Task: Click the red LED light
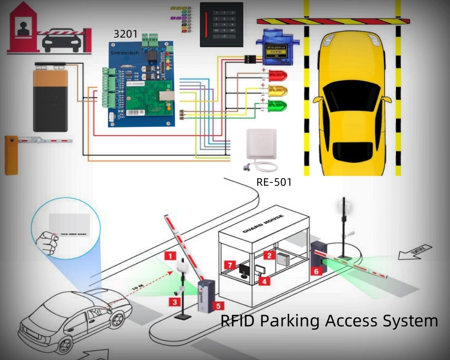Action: point(277,75)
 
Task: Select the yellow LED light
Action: point(277,91)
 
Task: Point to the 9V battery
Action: point(50,97)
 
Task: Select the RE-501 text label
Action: point(274,182)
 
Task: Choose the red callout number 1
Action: point(170,256)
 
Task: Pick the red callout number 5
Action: point(219,306)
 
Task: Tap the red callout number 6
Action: point(316,271)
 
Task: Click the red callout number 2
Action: point(269,255)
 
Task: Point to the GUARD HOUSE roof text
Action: point(263,223)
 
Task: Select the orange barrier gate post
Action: point(11,155)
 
